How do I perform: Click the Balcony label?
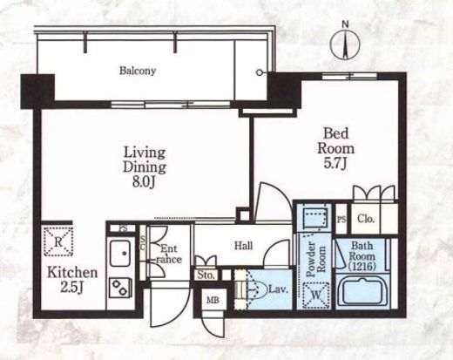point(138,71)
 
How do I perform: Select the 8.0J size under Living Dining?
point(145,182)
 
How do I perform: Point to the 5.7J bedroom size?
point(335,164)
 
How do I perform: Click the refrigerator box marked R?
point(58,241)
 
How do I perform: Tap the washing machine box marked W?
point(316,295)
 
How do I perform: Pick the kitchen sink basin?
point(120,253)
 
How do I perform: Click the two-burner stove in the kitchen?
point(120,288)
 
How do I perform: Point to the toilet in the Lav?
point(256,289)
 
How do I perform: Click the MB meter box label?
point(213,300)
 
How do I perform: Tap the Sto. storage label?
point(206,275)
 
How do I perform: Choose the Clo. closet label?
point(366,219)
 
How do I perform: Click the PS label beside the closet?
point(341,220)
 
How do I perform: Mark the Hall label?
point(243,246)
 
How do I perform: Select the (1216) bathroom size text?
point(362,266)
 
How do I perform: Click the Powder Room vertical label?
point(316,259)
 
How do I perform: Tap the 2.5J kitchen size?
point(72,288)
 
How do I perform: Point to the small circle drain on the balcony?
point(260,73)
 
